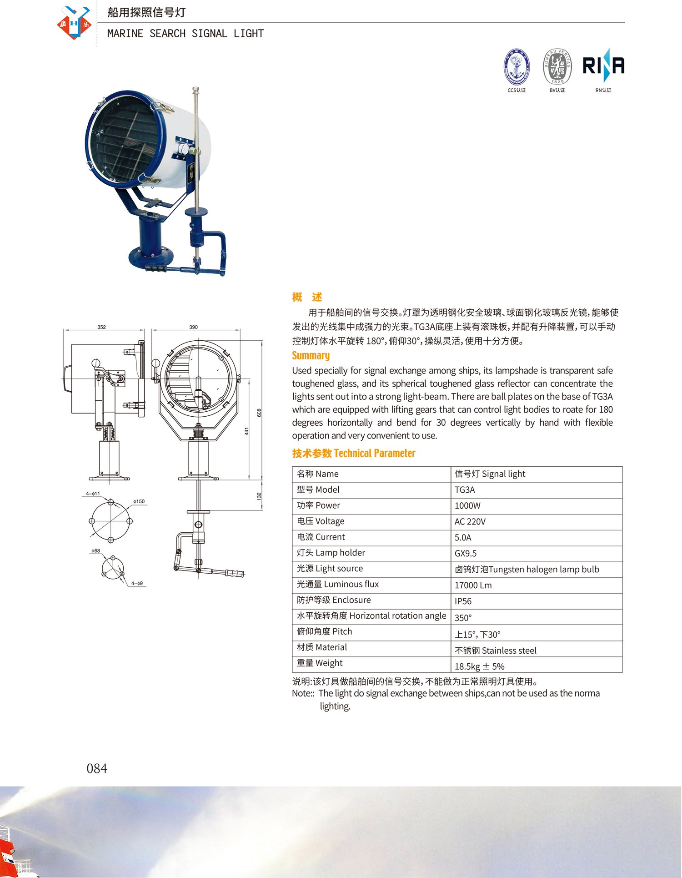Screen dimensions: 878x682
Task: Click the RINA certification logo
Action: tap(603, 66)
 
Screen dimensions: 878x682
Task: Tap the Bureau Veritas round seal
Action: tap(557, 67)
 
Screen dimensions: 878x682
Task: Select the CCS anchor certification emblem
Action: tap(517, 66)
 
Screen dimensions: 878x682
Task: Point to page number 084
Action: tap(97, 768)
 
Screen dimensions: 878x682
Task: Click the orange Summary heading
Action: tap(311, 355)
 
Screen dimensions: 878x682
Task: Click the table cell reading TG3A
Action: tap(465, 490)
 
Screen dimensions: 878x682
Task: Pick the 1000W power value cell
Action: tap(467, 506)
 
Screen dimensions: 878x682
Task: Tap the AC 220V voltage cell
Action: tap(470, 522)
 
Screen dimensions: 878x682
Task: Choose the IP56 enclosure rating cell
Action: tap(463, 601)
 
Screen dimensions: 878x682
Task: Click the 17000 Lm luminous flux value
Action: tap(473, 585)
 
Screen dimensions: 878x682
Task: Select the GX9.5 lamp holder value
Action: tap(466, 554)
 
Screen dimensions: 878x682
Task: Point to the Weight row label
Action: tap(320, 663)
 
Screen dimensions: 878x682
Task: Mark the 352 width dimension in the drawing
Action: tap(101, 327)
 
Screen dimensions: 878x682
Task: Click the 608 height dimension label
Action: tap(259, 413)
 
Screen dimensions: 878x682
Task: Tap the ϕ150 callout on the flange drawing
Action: tap(139, 501)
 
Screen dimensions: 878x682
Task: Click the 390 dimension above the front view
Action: tap(193, 327)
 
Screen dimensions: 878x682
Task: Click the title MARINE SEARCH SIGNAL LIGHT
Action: tap(185, 34)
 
